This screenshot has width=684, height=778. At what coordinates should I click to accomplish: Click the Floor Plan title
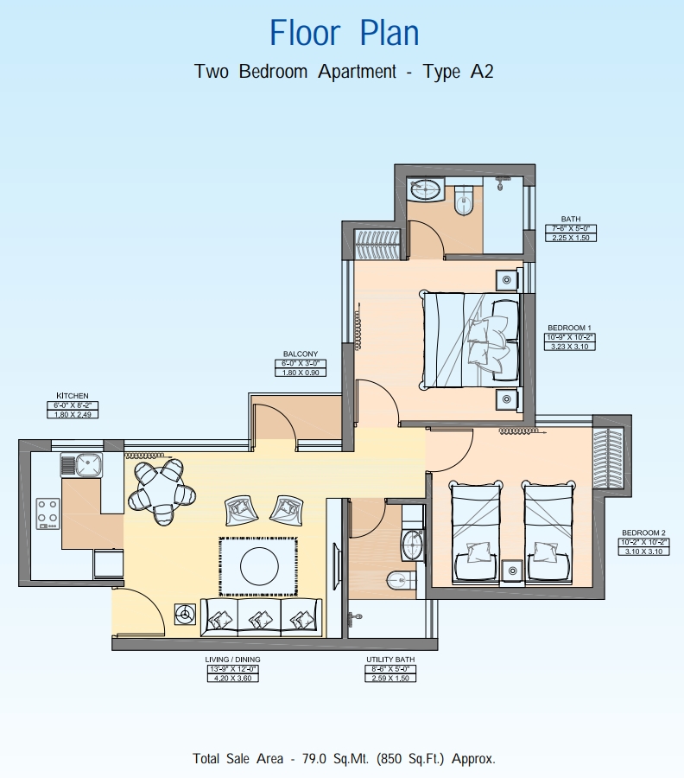(344, 33)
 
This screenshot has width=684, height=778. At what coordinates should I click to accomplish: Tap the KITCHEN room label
(73, 396)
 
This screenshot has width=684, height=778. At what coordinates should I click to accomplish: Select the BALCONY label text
(301, 354)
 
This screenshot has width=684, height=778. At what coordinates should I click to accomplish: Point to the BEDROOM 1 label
(570, 328)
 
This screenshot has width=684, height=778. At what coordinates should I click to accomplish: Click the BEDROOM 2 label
(643, 532)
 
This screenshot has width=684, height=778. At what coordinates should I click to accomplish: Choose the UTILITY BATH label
(390, 660)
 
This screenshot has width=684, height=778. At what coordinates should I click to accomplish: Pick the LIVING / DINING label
(233, 660)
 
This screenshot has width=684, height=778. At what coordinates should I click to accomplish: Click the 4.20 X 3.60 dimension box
(233, 678)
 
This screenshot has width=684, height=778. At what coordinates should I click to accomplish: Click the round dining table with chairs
(157, 492)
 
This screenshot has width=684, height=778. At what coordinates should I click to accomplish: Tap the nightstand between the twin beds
(512, 569)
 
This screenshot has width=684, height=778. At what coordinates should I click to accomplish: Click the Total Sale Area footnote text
(344, 758)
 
